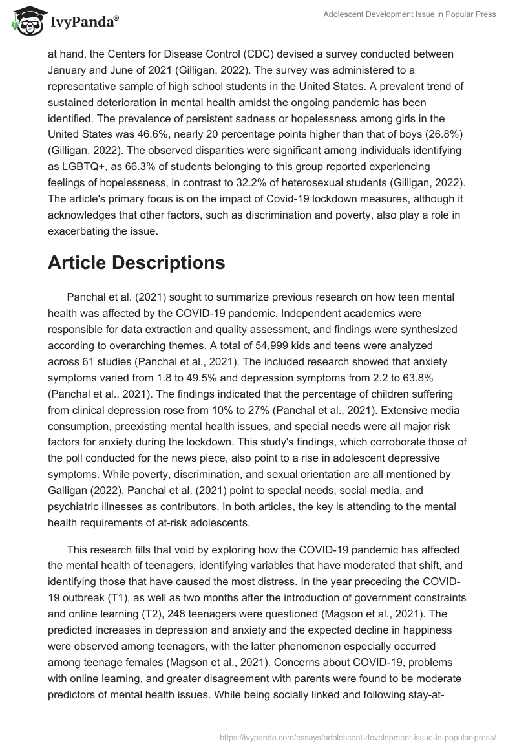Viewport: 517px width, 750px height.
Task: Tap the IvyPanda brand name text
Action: (84, 23)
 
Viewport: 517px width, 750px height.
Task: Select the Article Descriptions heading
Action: (136, 262)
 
